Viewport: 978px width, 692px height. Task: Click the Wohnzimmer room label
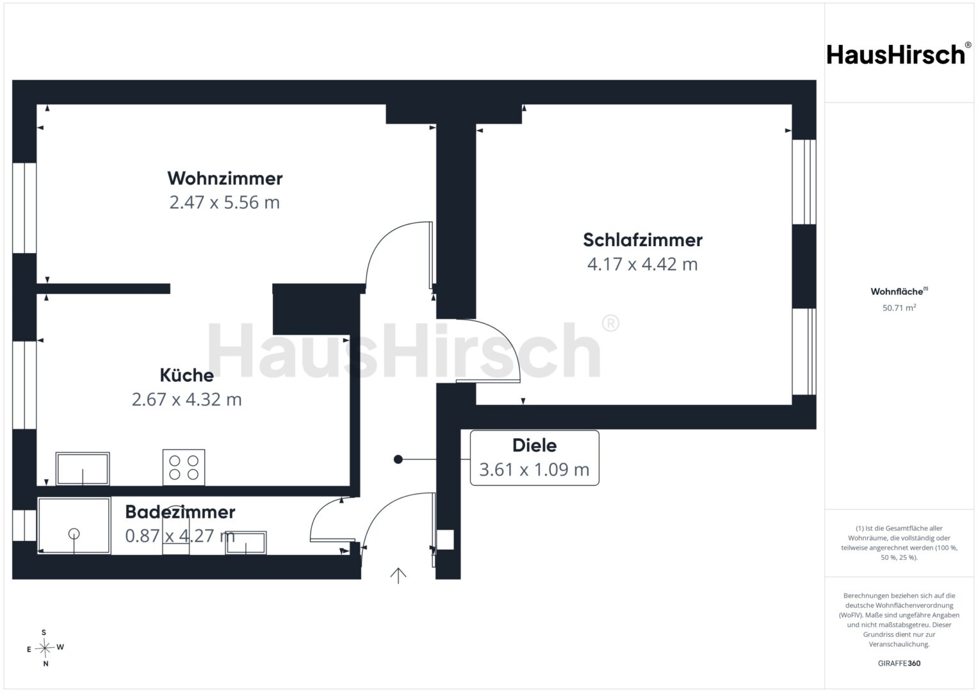[x=225, y=178]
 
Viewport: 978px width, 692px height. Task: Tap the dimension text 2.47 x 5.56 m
[x=224, y=202]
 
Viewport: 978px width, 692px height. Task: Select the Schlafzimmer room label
[x=642, y=240]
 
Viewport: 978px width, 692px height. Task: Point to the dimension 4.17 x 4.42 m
[x=642, y=264]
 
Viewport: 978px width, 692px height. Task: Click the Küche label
[x=186, y=375]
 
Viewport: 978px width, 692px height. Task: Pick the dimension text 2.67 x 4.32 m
[x=186, y=399]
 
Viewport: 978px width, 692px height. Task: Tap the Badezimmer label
[x=180, y=512]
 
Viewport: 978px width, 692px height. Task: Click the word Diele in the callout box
[x=534, y=445]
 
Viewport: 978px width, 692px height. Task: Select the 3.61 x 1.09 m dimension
[x=534, y=470]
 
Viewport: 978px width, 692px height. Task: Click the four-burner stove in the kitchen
[x=184, y=468]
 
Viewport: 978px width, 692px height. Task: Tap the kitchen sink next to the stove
[x=83, y=469]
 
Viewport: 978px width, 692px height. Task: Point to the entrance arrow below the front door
[x=398, y=576]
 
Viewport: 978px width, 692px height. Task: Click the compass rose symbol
[x=45, y=648]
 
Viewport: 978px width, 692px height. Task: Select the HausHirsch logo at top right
[x=899, y=54]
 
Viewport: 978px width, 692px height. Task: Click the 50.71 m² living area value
[x=899, y=308]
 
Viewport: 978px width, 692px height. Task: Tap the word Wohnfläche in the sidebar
[x=897, y=292]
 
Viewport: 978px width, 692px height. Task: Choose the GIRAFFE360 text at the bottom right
[x=899, y=663]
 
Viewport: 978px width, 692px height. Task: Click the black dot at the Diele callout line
[x=398, y=459]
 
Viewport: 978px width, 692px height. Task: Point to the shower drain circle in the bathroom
[x=74, y=533]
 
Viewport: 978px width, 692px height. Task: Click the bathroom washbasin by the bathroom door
[x=246, y=543]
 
